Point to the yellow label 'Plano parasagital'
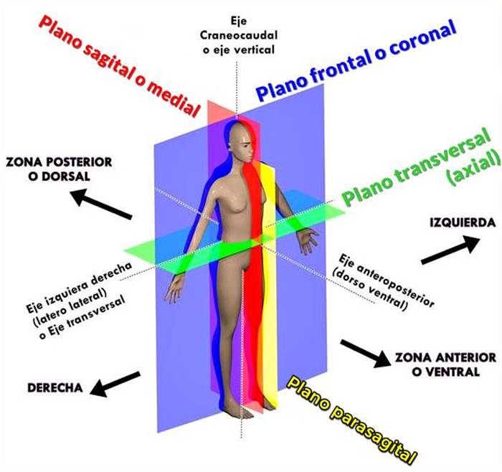352,416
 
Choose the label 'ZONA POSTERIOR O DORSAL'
58,169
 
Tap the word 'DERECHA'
55,388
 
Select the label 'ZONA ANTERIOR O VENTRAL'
445,364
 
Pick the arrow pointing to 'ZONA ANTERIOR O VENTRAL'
366,351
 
